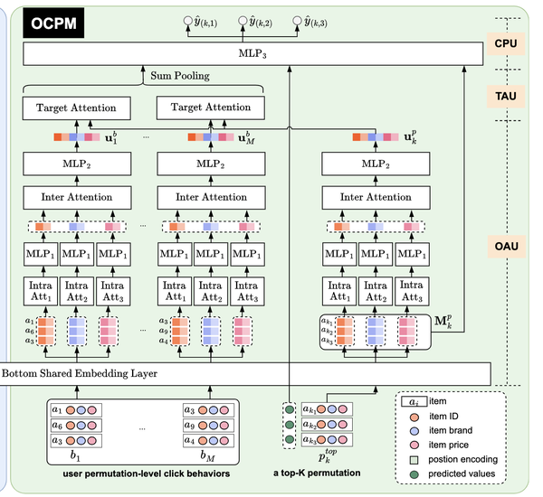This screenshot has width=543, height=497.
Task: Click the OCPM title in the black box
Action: pyautogui.click(x=51, y=23)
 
